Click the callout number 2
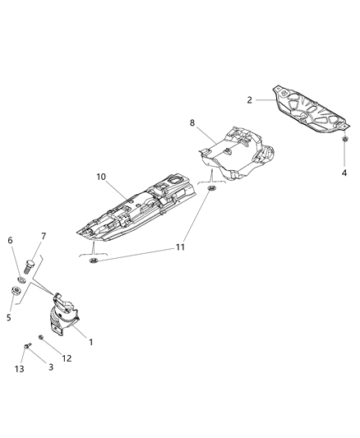[x=250, y=100]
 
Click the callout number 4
[x=344, y=173]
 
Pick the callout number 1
[x=90, y=342]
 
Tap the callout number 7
[x=44, y=237]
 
